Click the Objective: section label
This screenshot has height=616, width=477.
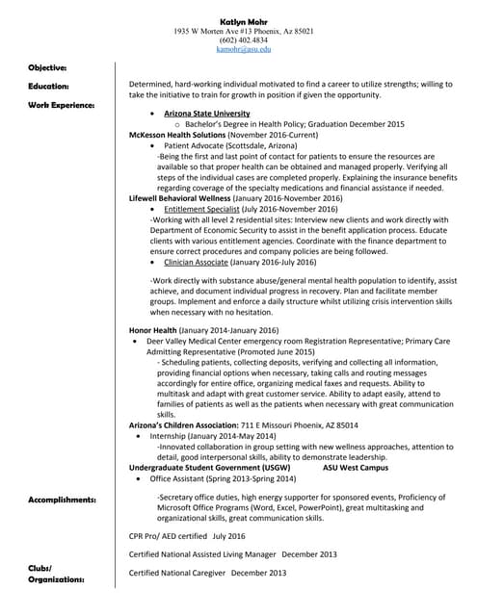[x=47, y=67]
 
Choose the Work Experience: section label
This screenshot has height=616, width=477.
[x=61, y=103]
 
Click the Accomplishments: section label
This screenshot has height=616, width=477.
[x=62, y=500]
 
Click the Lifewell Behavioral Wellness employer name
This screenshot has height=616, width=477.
[x=182, y=197]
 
